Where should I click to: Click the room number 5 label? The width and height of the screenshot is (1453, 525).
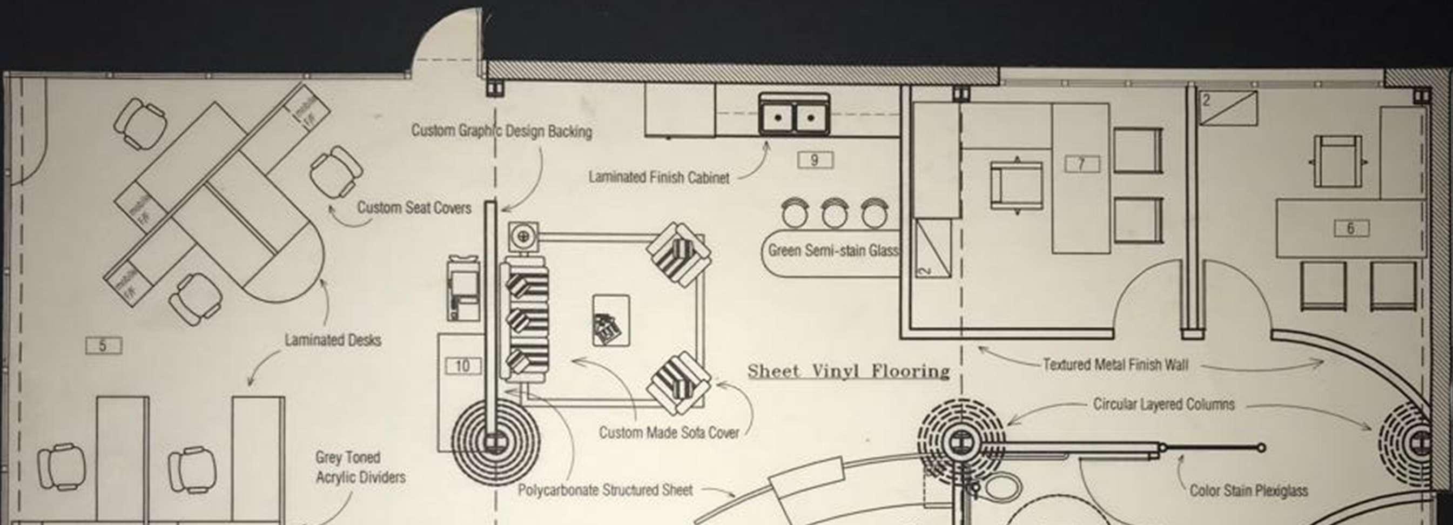click(103, 345)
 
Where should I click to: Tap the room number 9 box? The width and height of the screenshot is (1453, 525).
click(815, 161)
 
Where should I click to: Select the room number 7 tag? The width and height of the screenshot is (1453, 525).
click(1081, 164)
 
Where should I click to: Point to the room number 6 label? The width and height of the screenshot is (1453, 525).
click(1350, 228)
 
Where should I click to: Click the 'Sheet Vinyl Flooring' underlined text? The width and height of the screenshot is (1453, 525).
click(849, 371)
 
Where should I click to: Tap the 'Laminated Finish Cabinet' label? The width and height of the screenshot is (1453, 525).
click(659, 178)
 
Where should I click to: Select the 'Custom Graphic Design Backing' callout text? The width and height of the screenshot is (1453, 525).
click(501, 131)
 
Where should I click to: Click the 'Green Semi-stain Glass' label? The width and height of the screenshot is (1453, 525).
click(833, 251)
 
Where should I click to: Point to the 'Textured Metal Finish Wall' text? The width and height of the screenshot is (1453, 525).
click(1115, 365)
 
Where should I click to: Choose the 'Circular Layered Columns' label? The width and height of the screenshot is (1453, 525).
click(1163, 405)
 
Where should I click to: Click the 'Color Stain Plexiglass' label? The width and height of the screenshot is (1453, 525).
click(1248, 490)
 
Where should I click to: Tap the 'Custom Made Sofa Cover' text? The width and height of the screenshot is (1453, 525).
click(668, 433)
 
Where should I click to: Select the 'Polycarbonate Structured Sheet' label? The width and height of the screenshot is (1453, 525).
click(604, 490)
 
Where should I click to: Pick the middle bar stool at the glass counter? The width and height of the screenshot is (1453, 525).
click(834, 214)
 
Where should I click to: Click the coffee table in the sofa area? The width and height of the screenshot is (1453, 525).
click(611, 320)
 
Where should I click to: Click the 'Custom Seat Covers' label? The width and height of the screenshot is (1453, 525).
click(414, 207)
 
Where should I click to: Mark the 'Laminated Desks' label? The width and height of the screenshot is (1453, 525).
click(333, 340)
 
